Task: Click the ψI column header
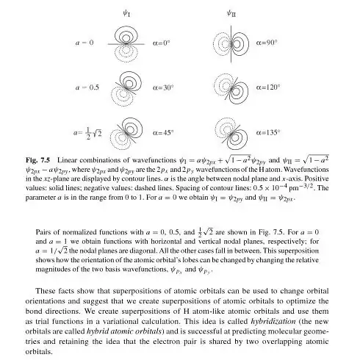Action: pos(127,13)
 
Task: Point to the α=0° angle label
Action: pos(168,43)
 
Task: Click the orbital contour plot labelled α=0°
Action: pos(127,43)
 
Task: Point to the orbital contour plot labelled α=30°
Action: pos(127,88)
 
